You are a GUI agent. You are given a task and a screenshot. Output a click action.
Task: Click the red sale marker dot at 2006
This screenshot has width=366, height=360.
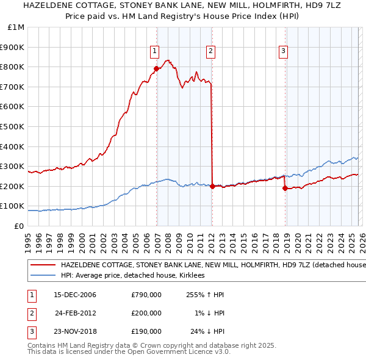(156, 69)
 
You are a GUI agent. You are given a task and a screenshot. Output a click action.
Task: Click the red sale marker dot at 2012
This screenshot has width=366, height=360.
(212, 187)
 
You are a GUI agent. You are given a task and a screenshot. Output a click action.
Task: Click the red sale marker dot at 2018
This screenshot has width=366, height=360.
(285, 189)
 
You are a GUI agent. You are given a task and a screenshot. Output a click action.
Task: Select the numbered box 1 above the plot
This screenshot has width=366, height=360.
(155, 51)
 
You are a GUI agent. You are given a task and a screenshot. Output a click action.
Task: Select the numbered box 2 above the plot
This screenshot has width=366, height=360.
(210, 51)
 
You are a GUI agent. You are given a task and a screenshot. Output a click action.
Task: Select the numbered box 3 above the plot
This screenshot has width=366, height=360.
(284, 51)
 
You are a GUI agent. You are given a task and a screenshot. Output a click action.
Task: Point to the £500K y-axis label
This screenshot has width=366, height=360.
(12, 127)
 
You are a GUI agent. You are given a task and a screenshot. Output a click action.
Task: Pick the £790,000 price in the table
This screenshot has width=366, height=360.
(146, 295)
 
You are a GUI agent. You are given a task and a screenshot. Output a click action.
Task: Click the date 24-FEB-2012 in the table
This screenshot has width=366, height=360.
(76, 313)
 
